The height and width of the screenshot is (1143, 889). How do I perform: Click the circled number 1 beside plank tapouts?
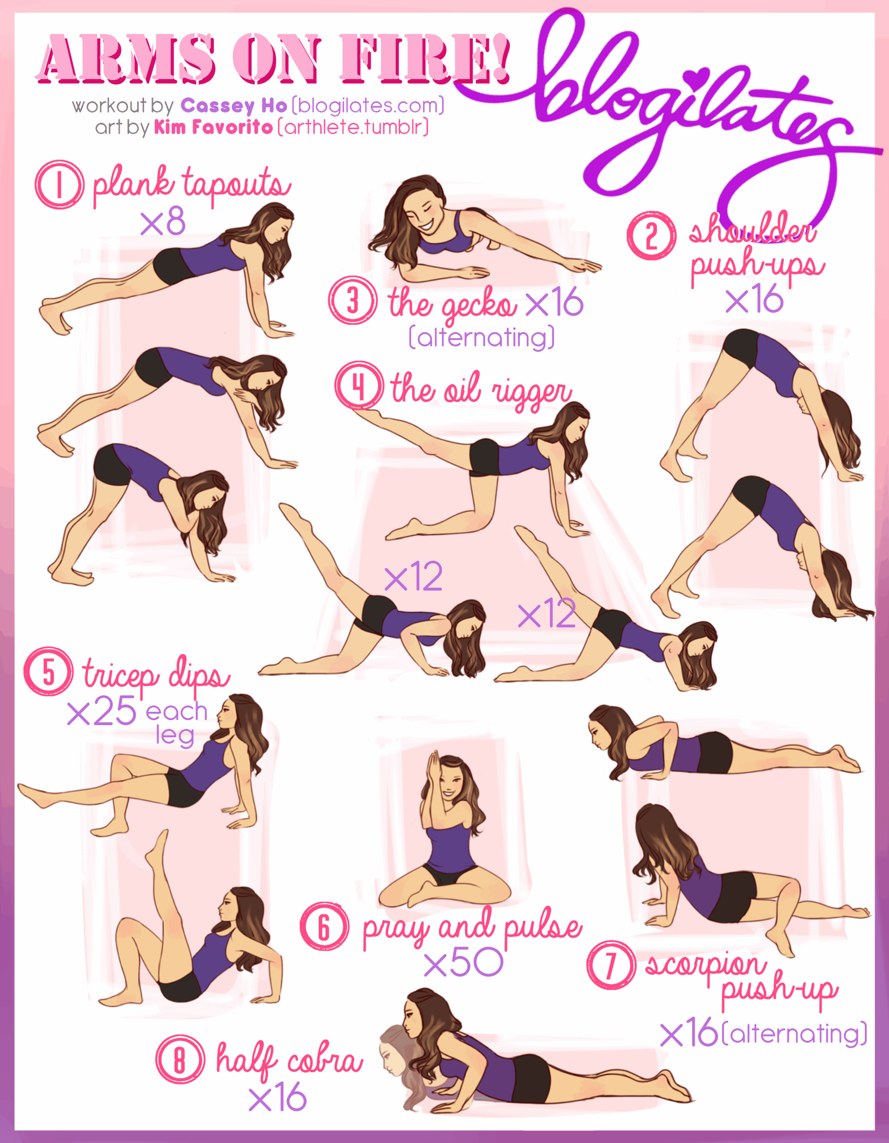[x=59, y=184]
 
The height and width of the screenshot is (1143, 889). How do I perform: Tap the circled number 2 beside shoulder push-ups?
[x=651, y=235]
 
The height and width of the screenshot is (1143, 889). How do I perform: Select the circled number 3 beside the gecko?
[x=353, y=300]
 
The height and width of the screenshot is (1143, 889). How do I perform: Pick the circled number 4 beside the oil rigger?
[x=359, y=386]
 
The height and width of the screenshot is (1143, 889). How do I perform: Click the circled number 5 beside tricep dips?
[x=48, y=672]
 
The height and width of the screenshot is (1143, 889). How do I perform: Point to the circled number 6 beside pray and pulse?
[x=325, y=926]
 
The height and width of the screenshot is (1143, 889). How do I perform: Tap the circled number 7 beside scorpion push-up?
[x=611, y=965]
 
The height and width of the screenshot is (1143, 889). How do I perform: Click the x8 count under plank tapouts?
[x=163, y=221]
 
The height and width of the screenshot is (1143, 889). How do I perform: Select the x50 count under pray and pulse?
[x=463, y=963]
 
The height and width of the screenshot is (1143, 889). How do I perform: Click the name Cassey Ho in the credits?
[x=234, y=106]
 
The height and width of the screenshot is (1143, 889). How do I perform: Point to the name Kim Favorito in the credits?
[x=213, y=127]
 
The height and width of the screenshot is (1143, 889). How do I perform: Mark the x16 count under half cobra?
[x=278, y=1097]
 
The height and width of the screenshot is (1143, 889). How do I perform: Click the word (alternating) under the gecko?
[x=481, y=338]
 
